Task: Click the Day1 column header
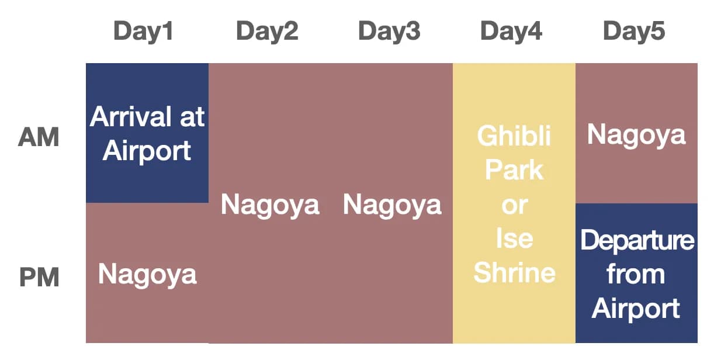click(x=144, y=32)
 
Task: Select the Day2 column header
click(x=267, y=32)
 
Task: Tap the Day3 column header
click(x=389, y=32)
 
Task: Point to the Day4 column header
click(x=511, y=32)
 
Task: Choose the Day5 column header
click(x=634, y=32)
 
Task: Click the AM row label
click(x=39, y=138)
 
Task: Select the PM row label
click(x=39, y=276)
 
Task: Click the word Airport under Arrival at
click(x=147, y=151)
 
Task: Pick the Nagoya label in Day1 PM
click(x=147, y=274)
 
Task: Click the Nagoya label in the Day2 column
click(x=270, y=205)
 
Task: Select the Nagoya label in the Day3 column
click(x=392, y=205)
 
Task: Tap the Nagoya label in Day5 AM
click(x=636, y=135)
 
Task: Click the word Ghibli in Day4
click(x=514, y=137)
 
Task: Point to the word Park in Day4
click(x=514, y=171)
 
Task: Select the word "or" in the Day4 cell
click(x=514, y=206)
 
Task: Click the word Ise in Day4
click(x=514, y=239)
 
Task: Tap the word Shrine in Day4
click(x=514, y=273)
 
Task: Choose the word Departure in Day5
click(x=637, y=241)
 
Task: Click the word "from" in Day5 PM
click(x=636, y=274)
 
